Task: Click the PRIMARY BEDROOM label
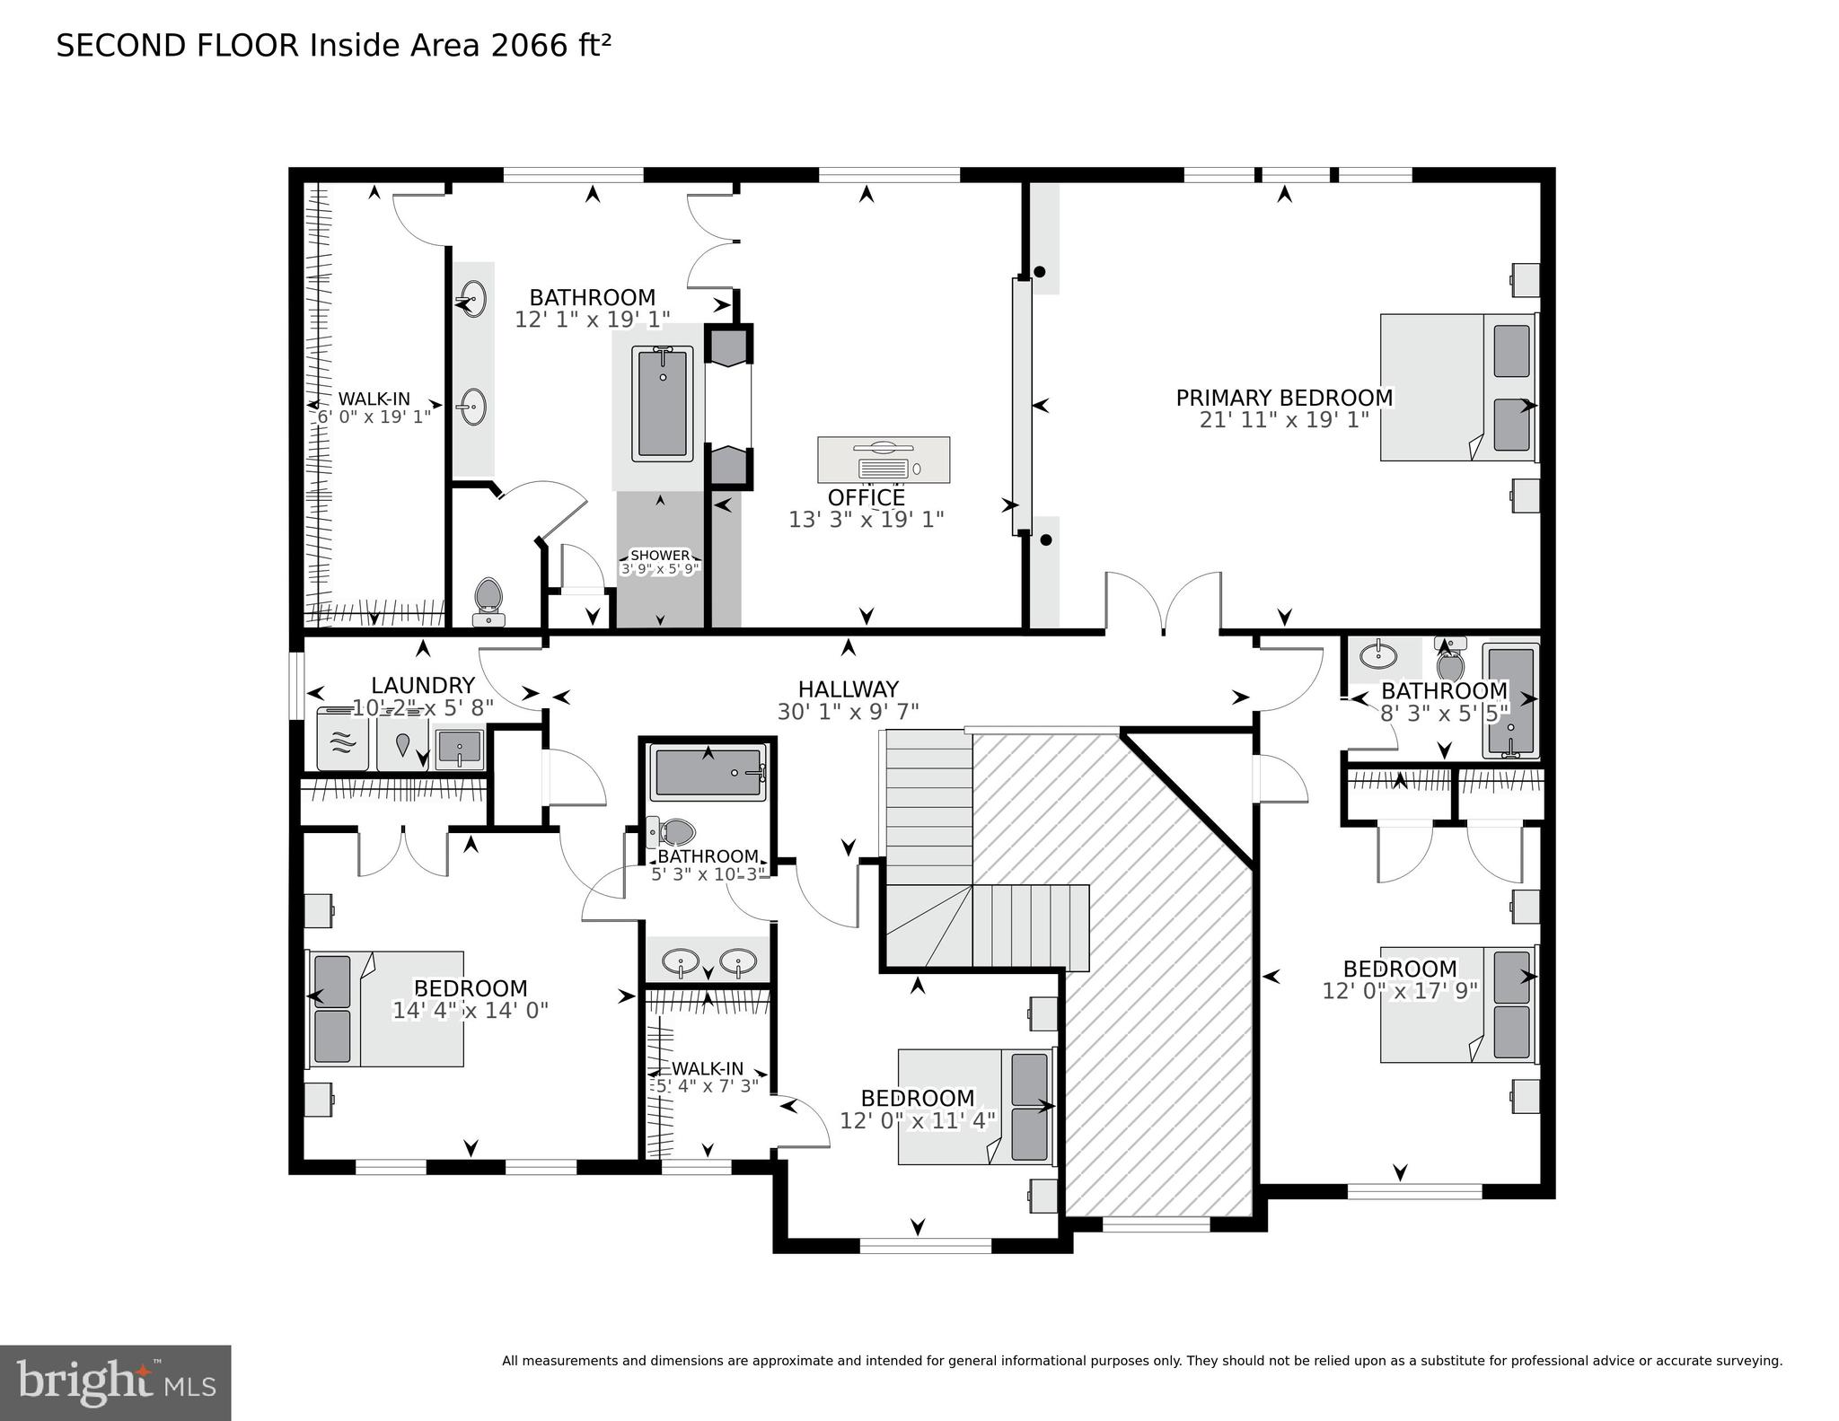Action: point(1284,398)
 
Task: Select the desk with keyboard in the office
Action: point(884,459)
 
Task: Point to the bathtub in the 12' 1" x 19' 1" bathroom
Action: point(663,404)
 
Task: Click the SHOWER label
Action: point(660,556)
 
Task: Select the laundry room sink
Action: point(460,748)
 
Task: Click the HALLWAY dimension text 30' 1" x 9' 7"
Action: point(848,712)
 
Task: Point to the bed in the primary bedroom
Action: point(1456,388)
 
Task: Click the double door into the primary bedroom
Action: point(1163,603)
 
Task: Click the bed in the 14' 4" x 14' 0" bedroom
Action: point(386,1009)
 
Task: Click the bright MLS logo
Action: point(115,1382)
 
